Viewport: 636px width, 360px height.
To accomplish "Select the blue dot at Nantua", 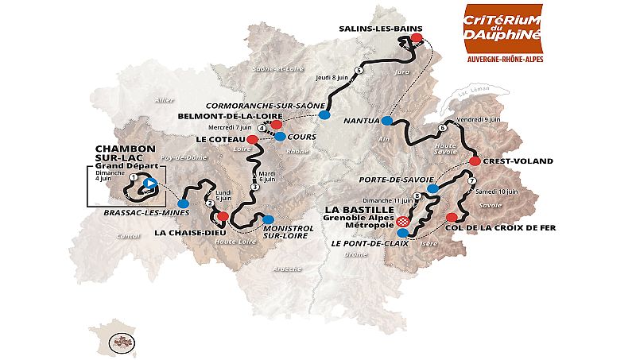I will (386, 121).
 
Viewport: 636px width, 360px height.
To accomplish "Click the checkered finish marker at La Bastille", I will (403, 222).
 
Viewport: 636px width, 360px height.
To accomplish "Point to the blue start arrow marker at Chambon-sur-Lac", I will (148, 184).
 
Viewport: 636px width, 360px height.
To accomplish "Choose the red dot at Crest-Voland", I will (475, 161).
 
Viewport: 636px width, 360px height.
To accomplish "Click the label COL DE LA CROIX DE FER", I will (509, 227).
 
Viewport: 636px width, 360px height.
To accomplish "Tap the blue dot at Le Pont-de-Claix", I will (402, 234).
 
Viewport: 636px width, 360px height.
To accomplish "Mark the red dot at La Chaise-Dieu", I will (223, 216).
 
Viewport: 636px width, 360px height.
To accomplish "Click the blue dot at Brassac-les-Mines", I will (183, 204).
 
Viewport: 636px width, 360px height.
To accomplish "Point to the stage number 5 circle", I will (359, 71).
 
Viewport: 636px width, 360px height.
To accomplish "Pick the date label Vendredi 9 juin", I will (479, 119).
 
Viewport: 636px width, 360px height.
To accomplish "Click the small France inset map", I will (111, 335).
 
